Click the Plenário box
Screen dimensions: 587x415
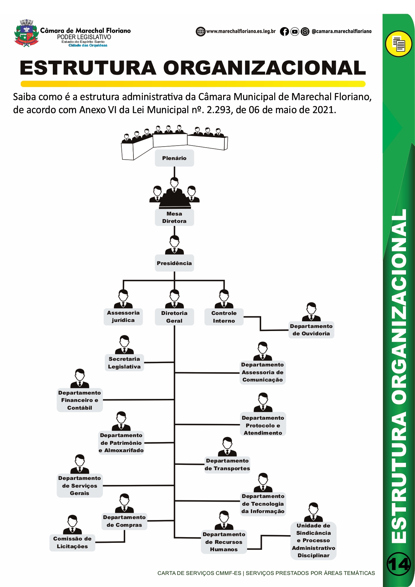point(174,158)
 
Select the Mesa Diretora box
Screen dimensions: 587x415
point(174,218)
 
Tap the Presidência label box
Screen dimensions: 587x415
point(174,263)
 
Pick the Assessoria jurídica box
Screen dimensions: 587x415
point(123,317)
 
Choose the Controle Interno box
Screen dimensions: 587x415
point(224,317)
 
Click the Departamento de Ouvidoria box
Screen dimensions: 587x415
point(311,330)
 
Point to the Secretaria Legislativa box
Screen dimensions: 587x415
point(124,363)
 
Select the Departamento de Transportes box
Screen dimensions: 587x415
point(227,465)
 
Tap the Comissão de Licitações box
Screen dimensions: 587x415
point(72,542)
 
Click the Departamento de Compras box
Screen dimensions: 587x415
point(124,521)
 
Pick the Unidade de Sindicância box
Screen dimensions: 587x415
point(313,540)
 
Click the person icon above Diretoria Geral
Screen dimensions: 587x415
point(174,299)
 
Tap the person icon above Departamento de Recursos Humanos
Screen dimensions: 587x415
point(224,520)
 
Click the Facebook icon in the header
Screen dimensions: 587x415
point(284,31)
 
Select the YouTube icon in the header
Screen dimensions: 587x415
point(295,31)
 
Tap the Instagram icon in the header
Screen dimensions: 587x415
point(305,31)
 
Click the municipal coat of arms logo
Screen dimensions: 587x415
point(26,33)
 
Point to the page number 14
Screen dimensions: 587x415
point(399,564)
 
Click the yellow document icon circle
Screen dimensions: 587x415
point(398,44)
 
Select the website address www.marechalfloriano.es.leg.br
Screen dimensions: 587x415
point(241,31)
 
